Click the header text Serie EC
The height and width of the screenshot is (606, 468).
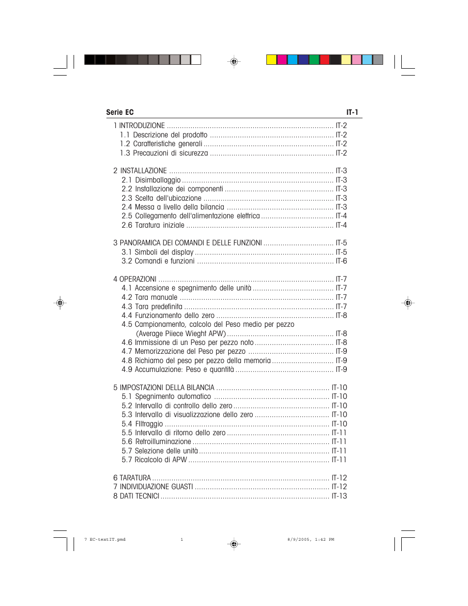click(120, 112)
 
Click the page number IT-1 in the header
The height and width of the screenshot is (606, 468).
click(352, 112)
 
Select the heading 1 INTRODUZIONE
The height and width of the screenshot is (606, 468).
click(139, 126)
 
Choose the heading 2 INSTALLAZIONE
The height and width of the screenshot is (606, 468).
click(140, 171)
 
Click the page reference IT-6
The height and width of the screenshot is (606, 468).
click(341, 261)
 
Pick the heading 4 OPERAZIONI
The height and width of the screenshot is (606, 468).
click(135, 279)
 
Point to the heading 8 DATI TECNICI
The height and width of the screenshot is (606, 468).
click(136, 496)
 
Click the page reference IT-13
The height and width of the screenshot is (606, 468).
click(339, 496)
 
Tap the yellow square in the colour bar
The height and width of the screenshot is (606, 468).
click(271, 60)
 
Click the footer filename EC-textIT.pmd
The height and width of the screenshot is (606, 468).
click(107, 539)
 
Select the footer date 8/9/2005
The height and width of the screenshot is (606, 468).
click(298, 539)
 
